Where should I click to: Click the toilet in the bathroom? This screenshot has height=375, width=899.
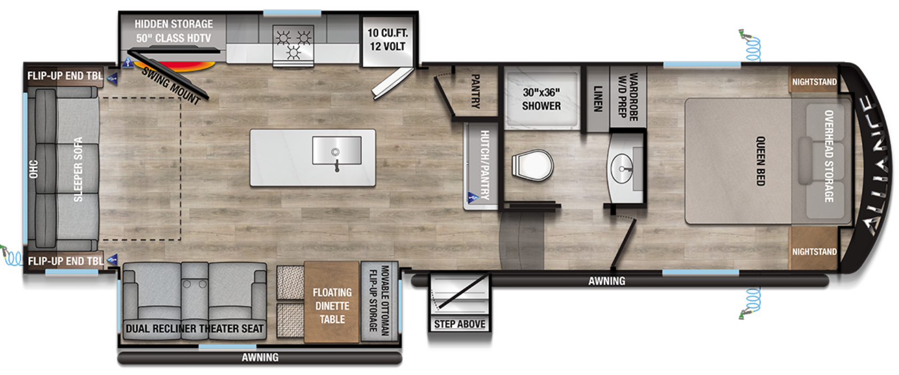(532, 165)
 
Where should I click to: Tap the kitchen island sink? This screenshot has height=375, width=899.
(337, 150)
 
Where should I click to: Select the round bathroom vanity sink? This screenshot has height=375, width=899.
(622, 169)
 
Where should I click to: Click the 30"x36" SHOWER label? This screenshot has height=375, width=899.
(541, 99)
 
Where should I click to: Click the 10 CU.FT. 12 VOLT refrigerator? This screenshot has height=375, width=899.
(387, 42)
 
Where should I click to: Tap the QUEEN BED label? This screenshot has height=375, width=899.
(761, 161)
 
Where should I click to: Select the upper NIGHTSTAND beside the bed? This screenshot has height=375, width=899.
(814, 82)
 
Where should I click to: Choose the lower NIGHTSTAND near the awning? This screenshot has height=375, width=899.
(814, 252)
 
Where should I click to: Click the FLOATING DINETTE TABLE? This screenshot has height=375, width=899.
(332, 302)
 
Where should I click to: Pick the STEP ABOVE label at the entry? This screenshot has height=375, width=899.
(460, 324)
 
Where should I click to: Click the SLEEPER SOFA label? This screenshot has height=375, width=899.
(78, 169)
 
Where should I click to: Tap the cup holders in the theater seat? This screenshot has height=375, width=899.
(195, 284)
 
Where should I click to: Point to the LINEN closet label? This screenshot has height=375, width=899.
(598, 98)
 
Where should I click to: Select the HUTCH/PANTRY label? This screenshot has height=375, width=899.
(485, 165)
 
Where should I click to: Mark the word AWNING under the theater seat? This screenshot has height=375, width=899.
(260, 357)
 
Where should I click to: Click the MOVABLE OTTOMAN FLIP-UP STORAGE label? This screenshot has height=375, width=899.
(379, 300)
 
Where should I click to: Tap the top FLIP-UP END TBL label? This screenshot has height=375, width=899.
(65, 75)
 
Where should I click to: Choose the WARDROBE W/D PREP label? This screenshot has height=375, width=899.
(627, 96)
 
